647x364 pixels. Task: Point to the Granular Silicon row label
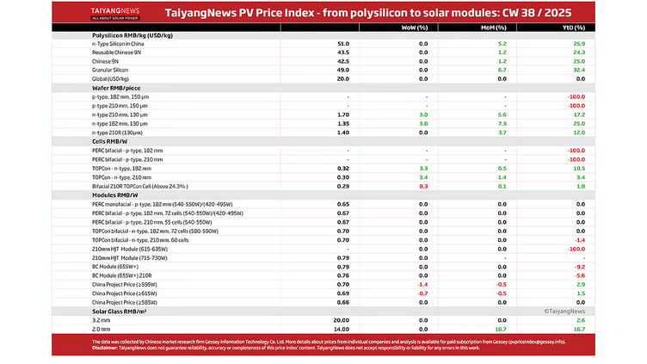(x=110, y=70)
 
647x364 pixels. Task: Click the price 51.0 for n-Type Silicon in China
(x=343, y=43)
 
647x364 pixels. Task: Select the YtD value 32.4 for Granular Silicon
(x=579, y=70)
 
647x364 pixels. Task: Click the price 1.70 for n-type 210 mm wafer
(x=343, y=114)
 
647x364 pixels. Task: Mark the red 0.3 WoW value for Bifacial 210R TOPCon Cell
(x=422, y=186)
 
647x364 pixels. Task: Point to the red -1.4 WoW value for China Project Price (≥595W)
(x=422, y=284)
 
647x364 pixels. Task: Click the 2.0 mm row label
(x=102, y=329)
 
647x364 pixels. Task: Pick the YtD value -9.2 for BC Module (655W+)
(x=579, y=267)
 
